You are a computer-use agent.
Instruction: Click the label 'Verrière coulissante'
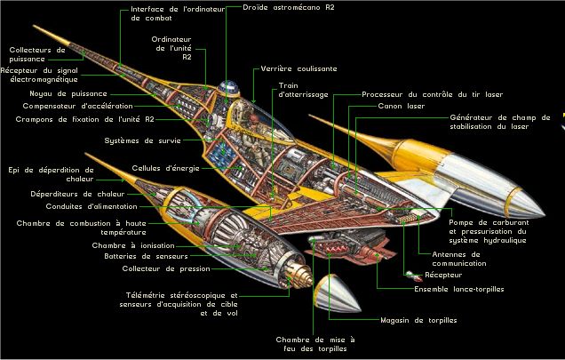(x=298, y=68)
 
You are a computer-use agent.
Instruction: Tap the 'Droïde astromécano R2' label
(x=288, y=7)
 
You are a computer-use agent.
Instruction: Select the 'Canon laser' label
(x=401, y=106)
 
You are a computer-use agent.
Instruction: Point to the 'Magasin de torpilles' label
(x=418, y=320)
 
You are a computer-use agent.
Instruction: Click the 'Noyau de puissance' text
(x=68, y=94)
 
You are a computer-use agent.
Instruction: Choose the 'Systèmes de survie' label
(x=142, y=140)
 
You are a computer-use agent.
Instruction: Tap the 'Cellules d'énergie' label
(x=165, y=168)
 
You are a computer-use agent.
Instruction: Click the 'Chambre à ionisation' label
(x=133, y=245)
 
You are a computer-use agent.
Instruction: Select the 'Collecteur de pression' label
(x=166, y=268)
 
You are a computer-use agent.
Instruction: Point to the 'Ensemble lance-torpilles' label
(x=459, y=289)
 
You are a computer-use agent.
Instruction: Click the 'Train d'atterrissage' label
(x=304, y=90)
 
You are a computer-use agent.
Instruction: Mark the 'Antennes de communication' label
(x=459, y=259)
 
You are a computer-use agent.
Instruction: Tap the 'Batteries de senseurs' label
(x=146, y=257)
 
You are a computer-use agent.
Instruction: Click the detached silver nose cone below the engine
(x=336, y=293)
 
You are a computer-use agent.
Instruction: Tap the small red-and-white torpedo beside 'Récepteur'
(x=414, y=276)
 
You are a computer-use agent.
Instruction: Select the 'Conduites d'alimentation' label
(x=92, y=207)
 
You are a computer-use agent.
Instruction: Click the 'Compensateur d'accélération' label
(x=78, y=106)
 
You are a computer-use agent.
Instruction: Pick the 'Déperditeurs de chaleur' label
(x=77, y=194)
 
